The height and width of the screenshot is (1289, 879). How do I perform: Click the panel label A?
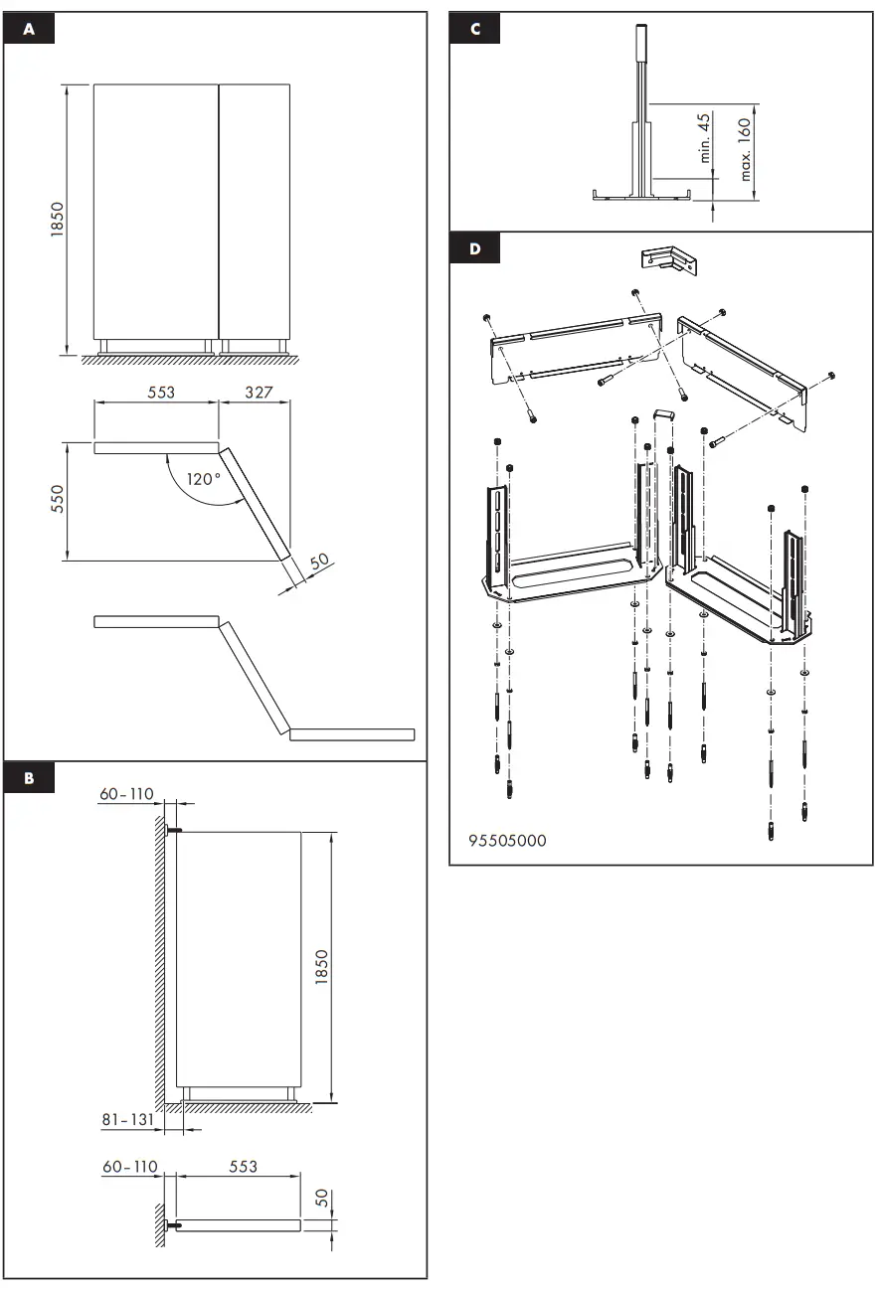click(x=29, y=30)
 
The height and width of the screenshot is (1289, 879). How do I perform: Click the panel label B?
click(x=29, y=778)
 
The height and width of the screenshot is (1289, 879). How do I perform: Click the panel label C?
click(x=474, y=30)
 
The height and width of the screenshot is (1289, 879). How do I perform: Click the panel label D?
click(x=474, y=248)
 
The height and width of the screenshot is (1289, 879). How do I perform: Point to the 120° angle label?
click(x=205, y=479)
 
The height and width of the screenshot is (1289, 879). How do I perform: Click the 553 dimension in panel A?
click(x=161, y=393)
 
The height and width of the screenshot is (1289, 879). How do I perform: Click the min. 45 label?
click(x=704, y=137)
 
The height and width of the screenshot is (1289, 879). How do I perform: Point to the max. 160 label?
click(x=745, y=149)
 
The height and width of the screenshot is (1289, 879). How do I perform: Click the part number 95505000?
click(x=507, y=840)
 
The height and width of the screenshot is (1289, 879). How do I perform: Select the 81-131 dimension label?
click(x=127, y=1119)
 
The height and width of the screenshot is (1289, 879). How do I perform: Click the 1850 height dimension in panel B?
click(x=321, y=968)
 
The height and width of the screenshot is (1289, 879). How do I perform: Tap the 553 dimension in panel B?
click(x=243, y=1166)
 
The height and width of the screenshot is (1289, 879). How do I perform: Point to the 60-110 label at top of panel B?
click(x=126, y=793)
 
